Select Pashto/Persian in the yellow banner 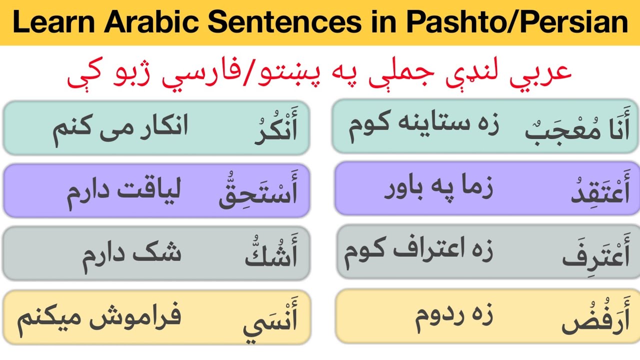tap(517, 23)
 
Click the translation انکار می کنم tap(120, 127)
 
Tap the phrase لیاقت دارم tap(124, 191)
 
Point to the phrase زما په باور tap(438, 190)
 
